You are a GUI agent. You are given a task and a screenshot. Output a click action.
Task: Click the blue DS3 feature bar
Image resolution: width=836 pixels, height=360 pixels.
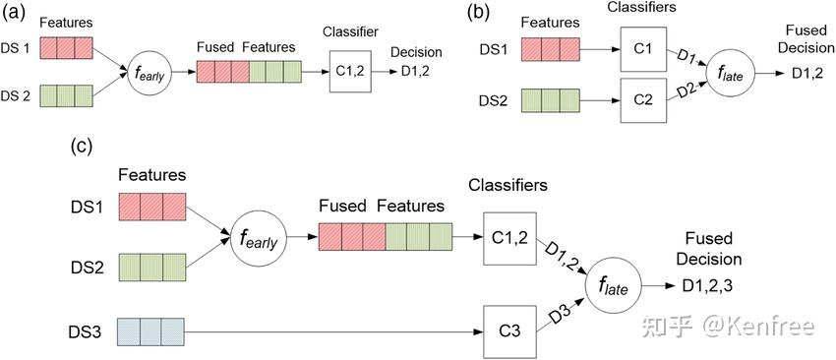[150, 328]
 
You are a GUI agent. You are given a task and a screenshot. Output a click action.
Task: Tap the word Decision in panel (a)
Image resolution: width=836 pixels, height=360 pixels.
[416, 52]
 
